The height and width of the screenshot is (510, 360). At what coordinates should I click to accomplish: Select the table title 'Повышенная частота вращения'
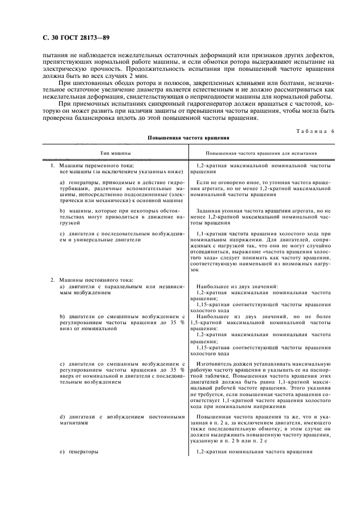click(x=188, y=138)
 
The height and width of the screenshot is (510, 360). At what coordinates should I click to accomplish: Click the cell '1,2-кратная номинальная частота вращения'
click(x=254, y=452)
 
